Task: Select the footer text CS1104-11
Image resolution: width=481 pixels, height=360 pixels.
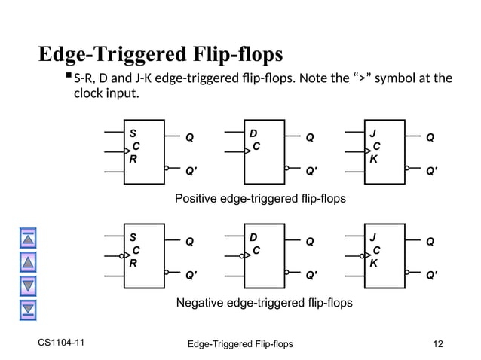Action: tap(61, 343)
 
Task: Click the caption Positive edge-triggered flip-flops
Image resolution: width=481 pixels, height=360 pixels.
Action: tap(260, 199)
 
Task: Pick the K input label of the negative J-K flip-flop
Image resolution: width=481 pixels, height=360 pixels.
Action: tap(373, 264)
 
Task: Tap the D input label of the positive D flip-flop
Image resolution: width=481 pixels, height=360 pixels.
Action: tap(253, 133)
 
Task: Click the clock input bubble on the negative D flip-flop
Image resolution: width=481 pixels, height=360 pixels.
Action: tap(241, 256)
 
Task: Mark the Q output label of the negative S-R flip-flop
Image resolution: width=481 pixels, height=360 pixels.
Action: tap(190, 243)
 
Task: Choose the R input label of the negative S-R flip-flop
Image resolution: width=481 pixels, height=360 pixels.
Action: tap(133, 264)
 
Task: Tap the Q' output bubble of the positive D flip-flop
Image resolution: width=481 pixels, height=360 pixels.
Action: tap(287, 168)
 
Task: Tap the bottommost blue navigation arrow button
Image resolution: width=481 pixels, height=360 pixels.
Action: tap(28, 308)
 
